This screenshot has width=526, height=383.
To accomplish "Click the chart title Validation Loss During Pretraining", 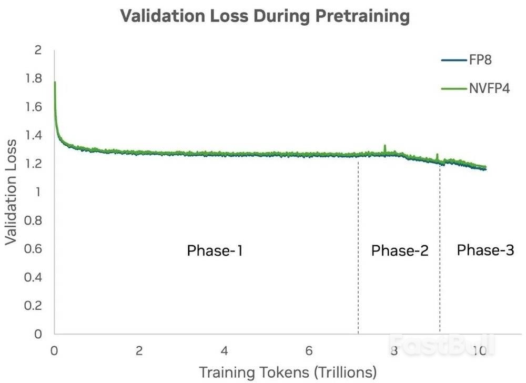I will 265,16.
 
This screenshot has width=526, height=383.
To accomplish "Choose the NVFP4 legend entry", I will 489,88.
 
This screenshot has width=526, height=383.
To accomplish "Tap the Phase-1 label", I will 215,251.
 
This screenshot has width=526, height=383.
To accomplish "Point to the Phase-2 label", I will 400,251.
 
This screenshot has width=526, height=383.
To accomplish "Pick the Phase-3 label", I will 485,250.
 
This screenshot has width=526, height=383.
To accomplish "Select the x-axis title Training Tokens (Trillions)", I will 287,372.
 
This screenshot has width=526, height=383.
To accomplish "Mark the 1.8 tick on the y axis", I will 34,79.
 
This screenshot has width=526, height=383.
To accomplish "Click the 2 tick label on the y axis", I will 37,51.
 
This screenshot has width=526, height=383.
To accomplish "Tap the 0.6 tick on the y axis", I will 34,249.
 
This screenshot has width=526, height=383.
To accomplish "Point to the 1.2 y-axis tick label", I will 34,164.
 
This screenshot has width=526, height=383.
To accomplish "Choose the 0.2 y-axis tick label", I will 34,306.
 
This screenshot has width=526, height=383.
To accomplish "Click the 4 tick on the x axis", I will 225,350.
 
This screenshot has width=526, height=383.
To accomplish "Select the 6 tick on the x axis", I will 309,350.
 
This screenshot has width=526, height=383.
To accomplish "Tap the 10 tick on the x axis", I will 479,350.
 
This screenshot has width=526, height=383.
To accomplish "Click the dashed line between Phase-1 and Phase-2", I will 358,247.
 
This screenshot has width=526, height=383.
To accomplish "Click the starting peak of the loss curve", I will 55,83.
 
